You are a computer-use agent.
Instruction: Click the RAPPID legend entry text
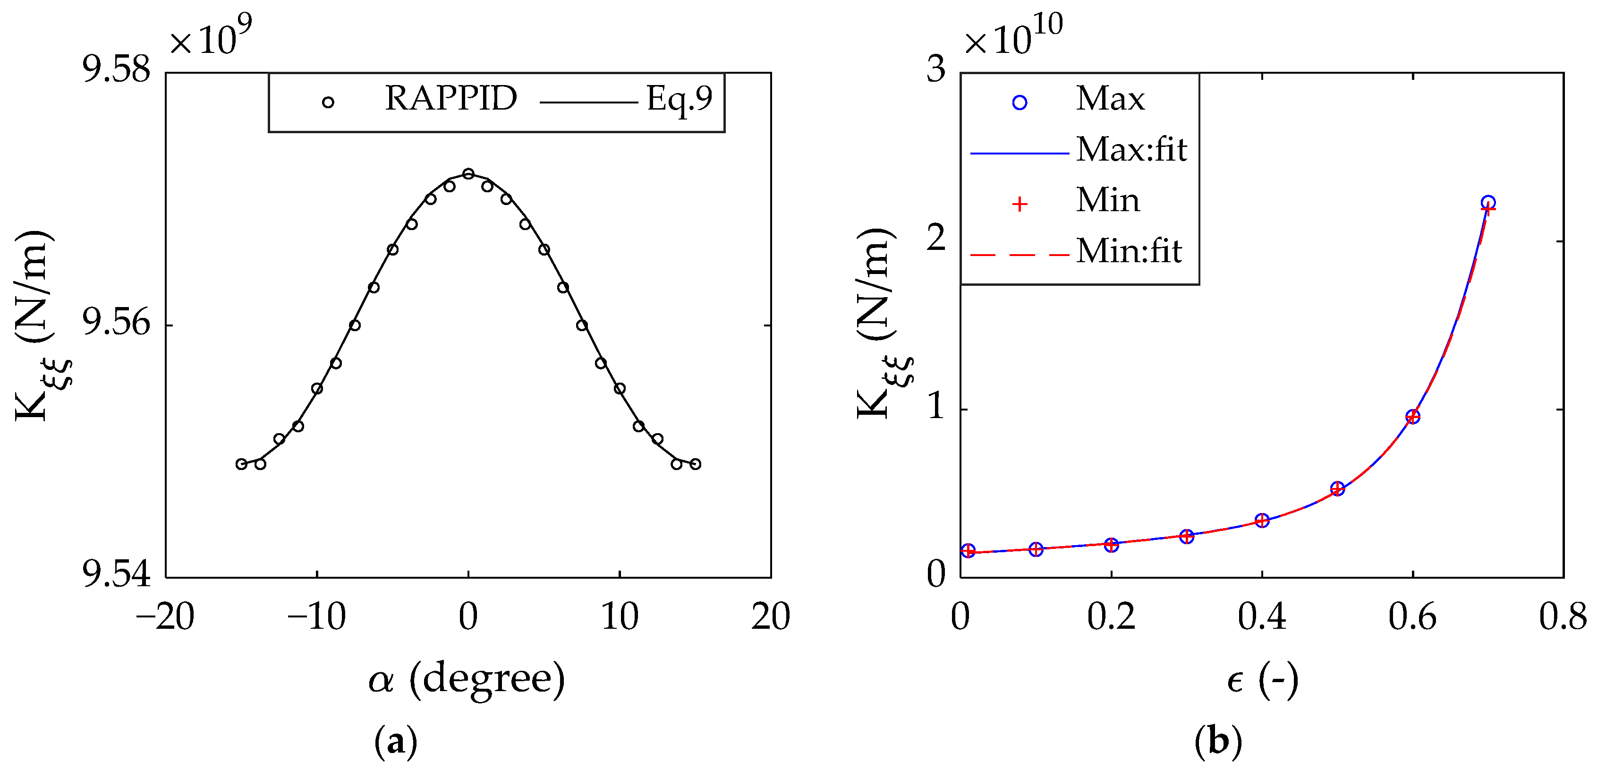[x=451, y=99]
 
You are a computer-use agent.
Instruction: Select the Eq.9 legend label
[x=679, y=99]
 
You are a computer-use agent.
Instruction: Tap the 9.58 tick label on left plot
[x=117, y=70]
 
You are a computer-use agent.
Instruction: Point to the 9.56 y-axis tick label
[x=117, y=324]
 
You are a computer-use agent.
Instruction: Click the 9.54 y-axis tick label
[x=117, y=575]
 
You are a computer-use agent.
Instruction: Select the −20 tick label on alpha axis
[x=165, y=617]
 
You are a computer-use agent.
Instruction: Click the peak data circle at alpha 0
[x=468, y=173]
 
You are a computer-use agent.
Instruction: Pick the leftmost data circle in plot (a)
[x=241, y=464]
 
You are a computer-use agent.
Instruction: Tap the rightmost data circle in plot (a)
[x=696, y=464]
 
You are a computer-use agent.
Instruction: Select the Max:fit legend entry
[x=1131, y=150]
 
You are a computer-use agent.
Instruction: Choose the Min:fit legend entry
[x=1129, y=251]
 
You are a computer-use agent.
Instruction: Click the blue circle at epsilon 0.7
[x=1488, y=203]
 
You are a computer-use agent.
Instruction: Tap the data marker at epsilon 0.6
[x=1413, y=417]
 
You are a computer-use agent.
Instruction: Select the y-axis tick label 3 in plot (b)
[x=936, y=70]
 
